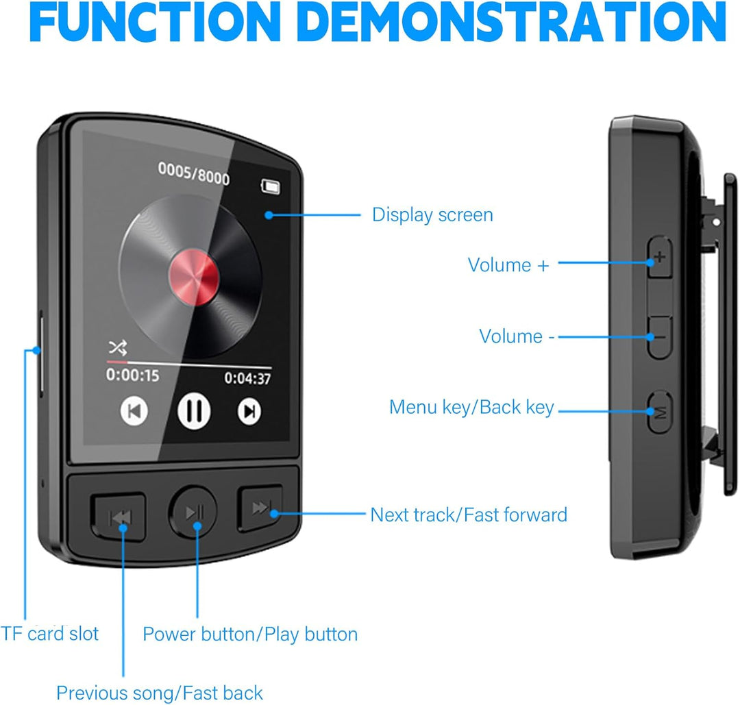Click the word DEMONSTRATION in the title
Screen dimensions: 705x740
[x=514, y=23]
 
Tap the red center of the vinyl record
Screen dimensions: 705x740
[x=193, y=275]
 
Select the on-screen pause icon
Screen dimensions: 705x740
[x=195, y=411]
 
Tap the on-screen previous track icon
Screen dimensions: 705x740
[x=134, y=411]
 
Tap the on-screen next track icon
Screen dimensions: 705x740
[x=249, y=410]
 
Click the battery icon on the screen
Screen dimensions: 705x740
[x=271, y=186]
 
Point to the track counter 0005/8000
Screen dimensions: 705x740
[x=194, y=173]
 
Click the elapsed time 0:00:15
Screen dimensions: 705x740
[x=132, y=375]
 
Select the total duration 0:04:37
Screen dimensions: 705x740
[x=247, y=378]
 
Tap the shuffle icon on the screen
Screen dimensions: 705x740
[x=117, y=348]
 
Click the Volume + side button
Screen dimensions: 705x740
[x=660, y=258]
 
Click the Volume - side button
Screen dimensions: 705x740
[x=659, y=337]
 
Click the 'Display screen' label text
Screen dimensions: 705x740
[x=432, y=215]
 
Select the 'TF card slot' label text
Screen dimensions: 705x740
[x=49, y=634]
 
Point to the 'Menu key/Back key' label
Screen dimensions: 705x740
[x=471, y=408]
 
